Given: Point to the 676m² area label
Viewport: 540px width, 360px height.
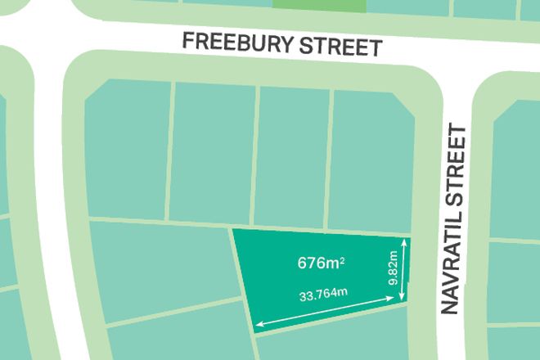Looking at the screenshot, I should (x=321, y=263).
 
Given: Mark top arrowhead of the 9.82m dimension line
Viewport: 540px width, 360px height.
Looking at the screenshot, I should (x=403, y=243).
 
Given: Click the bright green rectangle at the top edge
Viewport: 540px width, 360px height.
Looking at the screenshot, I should (x=320, y=4).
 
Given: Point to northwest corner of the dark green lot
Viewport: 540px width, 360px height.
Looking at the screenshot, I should (x=233, y=231).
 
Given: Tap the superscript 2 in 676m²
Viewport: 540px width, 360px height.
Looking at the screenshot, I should (x=341, y=260).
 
